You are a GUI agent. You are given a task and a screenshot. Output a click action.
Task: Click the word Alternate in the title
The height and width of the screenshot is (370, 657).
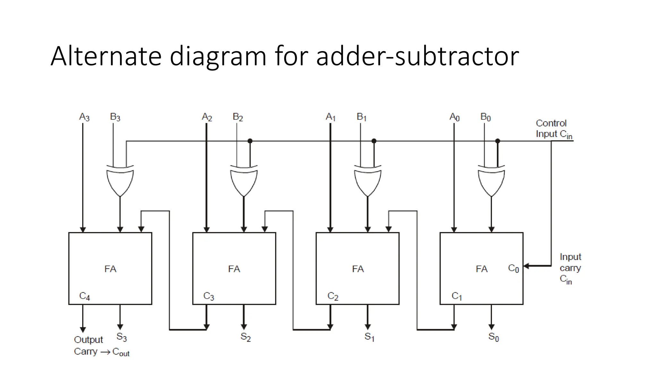(106, 56)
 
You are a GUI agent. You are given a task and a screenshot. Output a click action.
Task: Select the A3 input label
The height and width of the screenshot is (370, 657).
(84, 117)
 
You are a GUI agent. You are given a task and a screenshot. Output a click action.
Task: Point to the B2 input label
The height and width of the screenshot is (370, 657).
(238, 117)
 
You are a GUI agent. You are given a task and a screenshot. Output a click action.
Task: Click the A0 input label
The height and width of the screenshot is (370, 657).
(455, 117)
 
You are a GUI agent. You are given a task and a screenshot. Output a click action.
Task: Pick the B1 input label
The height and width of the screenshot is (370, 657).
(362, 117)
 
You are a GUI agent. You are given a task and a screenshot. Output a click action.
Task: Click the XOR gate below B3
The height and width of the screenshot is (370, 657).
(120, 181)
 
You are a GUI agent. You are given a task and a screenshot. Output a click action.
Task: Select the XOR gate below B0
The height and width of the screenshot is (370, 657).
(491, 181)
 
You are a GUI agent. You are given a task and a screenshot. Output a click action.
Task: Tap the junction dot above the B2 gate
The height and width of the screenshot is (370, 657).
(250, 141)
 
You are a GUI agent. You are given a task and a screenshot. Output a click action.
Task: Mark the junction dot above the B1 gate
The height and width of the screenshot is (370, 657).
(374, 141)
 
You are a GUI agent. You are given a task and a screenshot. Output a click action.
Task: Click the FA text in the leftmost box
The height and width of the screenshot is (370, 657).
(110, 269)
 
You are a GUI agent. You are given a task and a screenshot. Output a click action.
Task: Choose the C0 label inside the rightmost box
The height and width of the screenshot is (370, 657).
(513, 268)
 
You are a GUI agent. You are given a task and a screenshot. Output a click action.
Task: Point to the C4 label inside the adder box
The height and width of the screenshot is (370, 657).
(85, 296)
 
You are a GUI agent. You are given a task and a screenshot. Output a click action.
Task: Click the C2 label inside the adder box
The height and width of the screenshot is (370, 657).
(333, 296)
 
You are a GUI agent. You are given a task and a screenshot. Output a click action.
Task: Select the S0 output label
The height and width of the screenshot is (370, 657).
(493, 337)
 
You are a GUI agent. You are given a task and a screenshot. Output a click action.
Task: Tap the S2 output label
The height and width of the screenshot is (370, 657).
(245, 337)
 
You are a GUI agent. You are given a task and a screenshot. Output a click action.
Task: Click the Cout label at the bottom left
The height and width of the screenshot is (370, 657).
(121, 352)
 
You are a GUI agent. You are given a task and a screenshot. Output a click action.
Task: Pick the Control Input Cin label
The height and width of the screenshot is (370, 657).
(553, 128)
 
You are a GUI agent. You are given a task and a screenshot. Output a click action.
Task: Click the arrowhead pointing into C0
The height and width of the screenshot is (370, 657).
(526, 266)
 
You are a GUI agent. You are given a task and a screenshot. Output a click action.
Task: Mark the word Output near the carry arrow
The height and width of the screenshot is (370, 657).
(88, 339)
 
